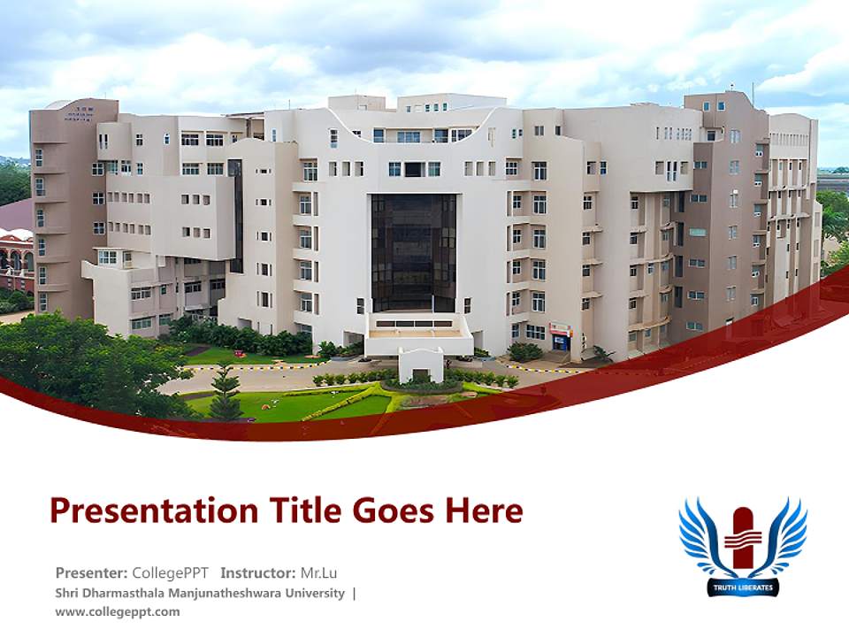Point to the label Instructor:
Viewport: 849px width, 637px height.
point(258,572)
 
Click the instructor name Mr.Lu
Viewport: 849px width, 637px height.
point(318,572)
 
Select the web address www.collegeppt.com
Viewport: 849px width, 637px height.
point(117,611)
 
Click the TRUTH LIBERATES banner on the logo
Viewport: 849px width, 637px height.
point(743,587)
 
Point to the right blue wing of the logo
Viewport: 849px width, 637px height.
point(784,536)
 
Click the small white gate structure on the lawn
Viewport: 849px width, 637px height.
point(420,364)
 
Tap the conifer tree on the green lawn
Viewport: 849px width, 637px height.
point(226,394)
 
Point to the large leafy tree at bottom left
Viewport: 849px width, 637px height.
point(80,358)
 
